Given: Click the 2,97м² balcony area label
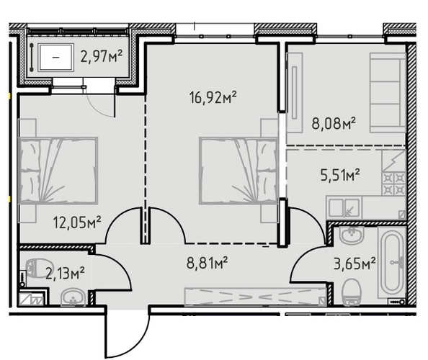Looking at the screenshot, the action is (102, 56).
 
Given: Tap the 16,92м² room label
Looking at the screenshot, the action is (213, 97).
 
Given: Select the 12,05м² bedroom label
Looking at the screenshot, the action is (77, 222).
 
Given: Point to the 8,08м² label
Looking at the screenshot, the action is (334, 123).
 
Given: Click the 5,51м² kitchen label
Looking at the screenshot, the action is (340, 175).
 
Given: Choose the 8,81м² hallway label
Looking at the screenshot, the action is (207, 263).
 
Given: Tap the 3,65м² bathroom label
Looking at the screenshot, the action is (355, 264).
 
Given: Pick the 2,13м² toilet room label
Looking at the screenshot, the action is (65, 274).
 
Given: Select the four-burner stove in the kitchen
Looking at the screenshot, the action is (394, 184).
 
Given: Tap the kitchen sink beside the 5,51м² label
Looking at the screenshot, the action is (344, 208).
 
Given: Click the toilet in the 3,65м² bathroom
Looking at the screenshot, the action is (352, 292).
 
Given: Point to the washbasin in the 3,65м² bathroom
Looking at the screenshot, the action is (352, 235).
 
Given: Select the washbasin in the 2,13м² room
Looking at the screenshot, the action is (73, 297).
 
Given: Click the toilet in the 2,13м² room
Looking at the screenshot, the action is (36, 268).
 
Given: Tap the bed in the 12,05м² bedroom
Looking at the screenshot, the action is (58, 171).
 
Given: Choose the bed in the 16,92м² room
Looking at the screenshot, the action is (238, 171).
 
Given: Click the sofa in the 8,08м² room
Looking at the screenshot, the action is (388, 93).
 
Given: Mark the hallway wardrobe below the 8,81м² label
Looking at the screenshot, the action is (256, 297).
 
